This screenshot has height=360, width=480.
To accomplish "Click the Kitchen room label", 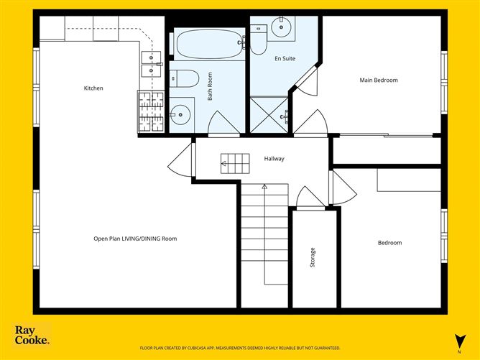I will [x=93, y=88].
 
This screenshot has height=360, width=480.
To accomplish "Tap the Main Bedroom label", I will [x=379, y=80].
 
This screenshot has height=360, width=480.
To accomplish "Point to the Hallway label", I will [x=274, y=158].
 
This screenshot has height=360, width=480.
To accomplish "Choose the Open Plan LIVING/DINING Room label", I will [x=135, y=239].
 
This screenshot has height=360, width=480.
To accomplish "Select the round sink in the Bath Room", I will [x=180, y=114].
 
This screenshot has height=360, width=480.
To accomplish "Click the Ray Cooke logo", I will [x=32, y=335].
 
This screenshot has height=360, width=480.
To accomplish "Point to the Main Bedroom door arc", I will [x=310, y=122].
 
